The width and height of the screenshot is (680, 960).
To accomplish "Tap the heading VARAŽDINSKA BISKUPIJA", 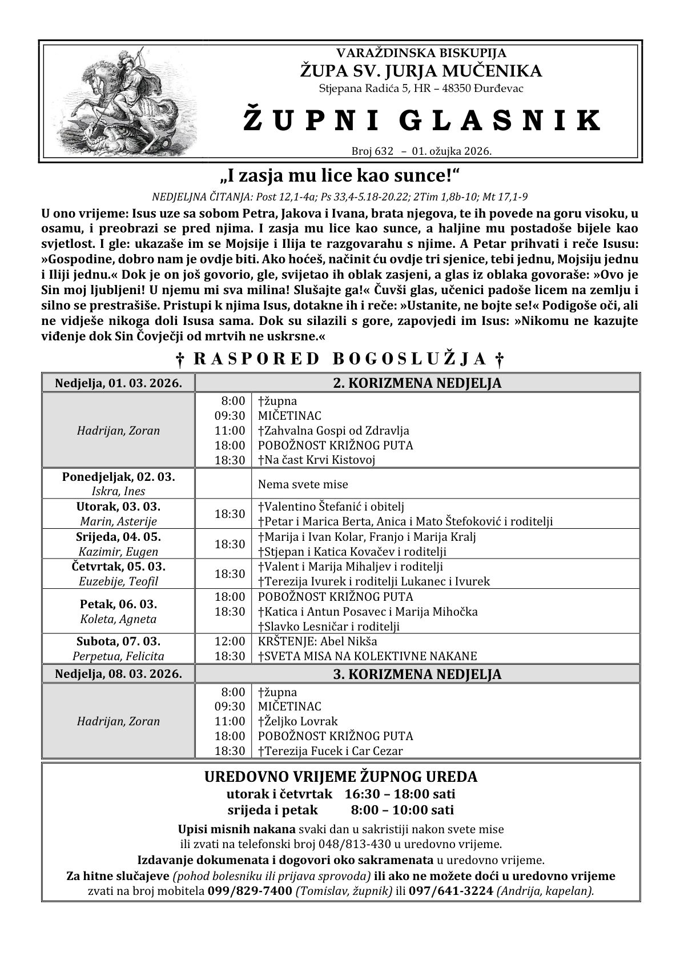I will point(421,53).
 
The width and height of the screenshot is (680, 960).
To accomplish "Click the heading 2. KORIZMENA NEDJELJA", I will point(417,383).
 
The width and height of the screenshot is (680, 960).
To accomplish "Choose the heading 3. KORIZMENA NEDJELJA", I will point(417,674).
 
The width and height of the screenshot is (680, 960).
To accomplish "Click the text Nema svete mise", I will point(303,484).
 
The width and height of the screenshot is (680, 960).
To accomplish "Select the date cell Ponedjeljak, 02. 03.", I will point(118,477).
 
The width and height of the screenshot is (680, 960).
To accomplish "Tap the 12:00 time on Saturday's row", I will point(230,641).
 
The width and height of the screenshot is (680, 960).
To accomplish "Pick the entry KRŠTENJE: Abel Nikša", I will point(317,641).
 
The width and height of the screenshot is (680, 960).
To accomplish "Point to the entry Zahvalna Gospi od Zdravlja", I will point(336,431).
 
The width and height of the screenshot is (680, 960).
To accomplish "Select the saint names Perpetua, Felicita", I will point(118,656).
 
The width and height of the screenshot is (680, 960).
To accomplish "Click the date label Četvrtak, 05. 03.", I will point(118,567).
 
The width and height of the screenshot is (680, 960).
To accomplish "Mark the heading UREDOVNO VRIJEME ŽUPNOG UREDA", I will point(341,777).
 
